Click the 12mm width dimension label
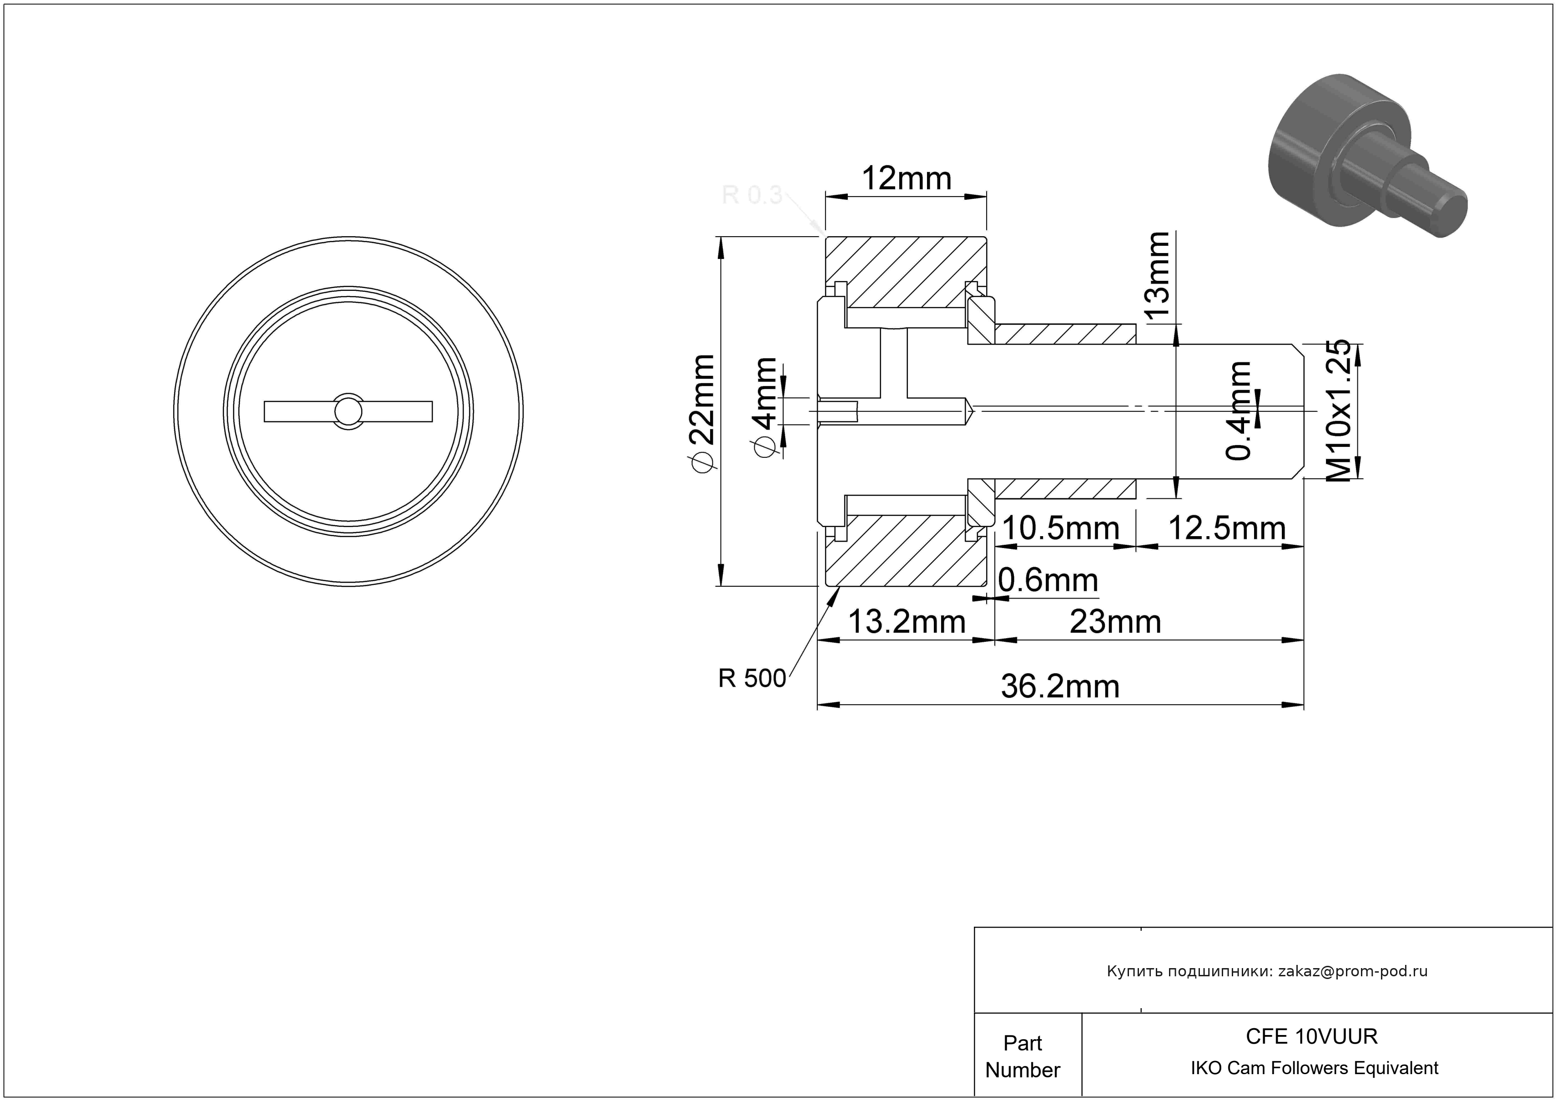click(x=906, y=179)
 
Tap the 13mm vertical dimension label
click(x=1156, y=274)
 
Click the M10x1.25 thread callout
click(x=1338, y=411)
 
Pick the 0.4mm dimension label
click(x=1240, y=411)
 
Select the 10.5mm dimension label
click(x=1060, y=528)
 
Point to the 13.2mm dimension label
click(x=907, y=622)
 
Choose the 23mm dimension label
click(x=1115, y=622)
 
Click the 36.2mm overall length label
click(x=1060, y=687)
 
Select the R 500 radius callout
click(x=752, y=678)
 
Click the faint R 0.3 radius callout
click(x=752, y=195)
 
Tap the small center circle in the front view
click(x=348, y=411)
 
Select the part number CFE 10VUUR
click(x=1311, y=1036)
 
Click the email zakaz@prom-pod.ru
click(x=1353, y=971)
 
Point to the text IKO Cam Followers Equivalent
click(x=1314, y=1068)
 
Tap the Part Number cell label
click(x=1023, y=1056)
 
